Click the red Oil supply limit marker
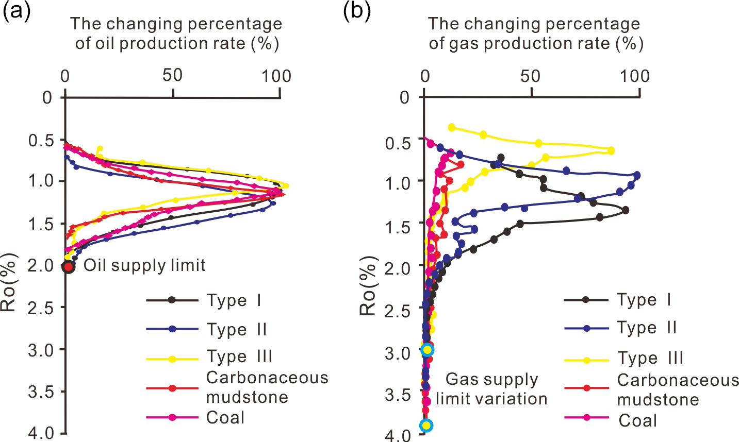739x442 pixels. [x=69, y=267]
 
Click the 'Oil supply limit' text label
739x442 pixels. [x=144, y=265]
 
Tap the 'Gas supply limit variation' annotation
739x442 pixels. [x=491, y=389]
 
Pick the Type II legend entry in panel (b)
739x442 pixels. [x=620, y=328]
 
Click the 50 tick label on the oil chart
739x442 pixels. [x=172, y=76]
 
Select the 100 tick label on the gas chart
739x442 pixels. [x=635, y=76]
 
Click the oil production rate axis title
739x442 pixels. [x=176, y=33]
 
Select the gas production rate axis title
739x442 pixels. [x=535, y=33]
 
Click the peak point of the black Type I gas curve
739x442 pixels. [x=625, y=210]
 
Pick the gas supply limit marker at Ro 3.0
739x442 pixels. [x=426, y=350]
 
